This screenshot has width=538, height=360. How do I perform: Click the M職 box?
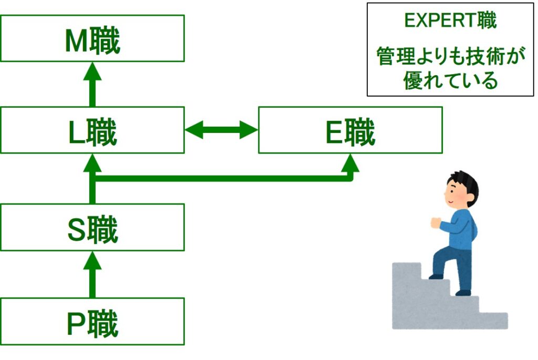[92, 38]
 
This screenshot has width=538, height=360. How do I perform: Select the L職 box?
[92, 130]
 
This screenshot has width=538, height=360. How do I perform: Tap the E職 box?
[350, 130]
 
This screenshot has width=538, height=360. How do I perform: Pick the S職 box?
[92, 227]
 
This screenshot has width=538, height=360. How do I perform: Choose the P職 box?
[92, 321]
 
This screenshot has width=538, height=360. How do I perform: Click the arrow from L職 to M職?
[92, 84]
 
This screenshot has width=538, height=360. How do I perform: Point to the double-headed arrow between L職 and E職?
[221, 130]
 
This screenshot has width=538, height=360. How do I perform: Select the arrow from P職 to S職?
[92, 274]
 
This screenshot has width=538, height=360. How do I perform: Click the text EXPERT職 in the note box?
[451, 21]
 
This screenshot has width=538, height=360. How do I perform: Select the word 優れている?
[451, 80]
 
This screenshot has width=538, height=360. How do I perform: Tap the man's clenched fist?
[436, 222]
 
